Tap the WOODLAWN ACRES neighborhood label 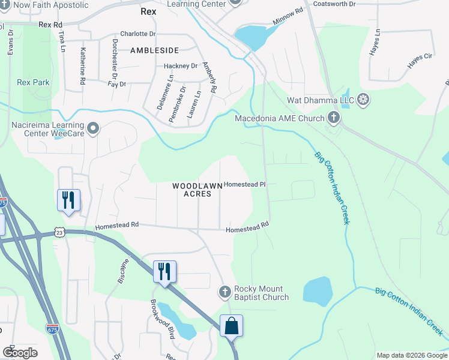(x=192, y=190)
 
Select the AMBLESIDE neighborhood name (x=155, y=52)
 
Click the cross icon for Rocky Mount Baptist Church (x=225, y=292)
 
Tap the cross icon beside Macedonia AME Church (x=334, y=118)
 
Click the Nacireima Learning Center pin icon (x=92, y=128)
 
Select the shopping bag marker (x=231, y=326)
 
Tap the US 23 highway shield (x=58, y=232)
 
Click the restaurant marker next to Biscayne (x=164, y=271)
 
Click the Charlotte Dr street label (x=137, y=34)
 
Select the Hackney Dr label (x=181, y=66)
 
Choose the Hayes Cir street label (x=420, y=57)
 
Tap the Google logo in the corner (x=20, y=353)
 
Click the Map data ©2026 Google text (x=411, y=355)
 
